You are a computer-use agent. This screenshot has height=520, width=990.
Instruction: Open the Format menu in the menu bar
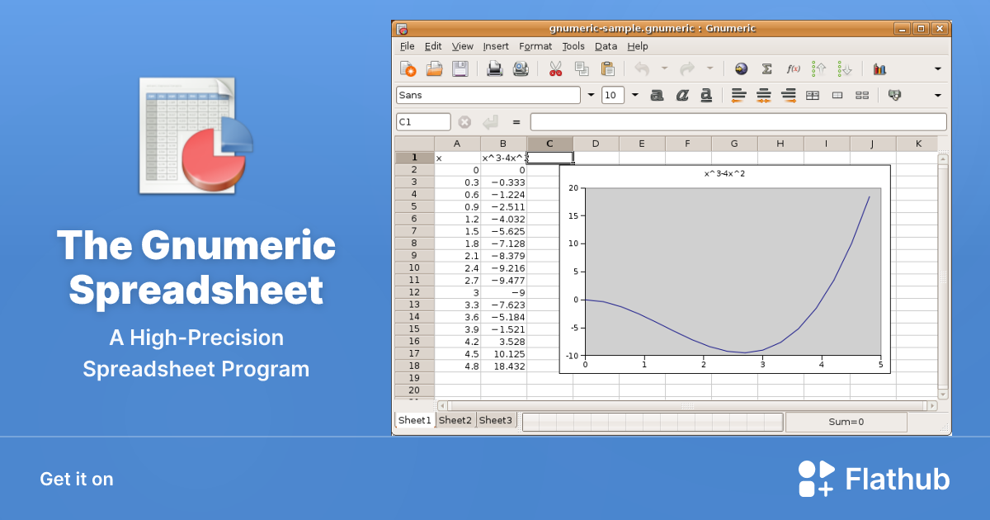(x=535, y=46)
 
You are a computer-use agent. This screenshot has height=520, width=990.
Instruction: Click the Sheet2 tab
(x=455, y=420)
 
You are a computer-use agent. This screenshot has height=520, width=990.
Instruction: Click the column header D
(x=596, y=144)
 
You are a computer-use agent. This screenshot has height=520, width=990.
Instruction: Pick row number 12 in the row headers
(x=414, y=292)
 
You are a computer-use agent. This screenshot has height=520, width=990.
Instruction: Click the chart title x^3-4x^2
(x=724, y=174)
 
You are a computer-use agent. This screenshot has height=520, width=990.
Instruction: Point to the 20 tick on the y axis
(x=573, y=188)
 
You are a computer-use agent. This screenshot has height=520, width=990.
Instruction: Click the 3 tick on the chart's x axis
(x=762, y=364)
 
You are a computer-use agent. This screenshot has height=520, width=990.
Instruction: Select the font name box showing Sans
(x=488, y=95)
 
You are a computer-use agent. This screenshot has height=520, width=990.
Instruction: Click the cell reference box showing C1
(x=423, y=122)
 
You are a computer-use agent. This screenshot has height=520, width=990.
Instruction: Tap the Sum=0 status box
(x=846, y=422)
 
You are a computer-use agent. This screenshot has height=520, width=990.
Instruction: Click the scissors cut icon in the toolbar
(x=555, y=69)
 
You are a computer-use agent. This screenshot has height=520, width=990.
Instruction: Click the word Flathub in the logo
(x=898, y=479)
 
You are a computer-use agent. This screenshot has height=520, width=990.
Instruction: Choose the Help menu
(x=638, y=46)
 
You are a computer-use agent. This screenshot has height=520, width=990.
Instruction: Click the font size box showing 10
(x=612, y=95)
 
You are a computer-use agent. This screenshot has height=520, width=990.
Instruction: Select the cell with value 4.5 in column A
(x=457, y=353)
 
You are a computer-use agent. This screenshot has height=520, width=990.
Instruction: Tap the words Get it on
(x=77, y=479)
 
